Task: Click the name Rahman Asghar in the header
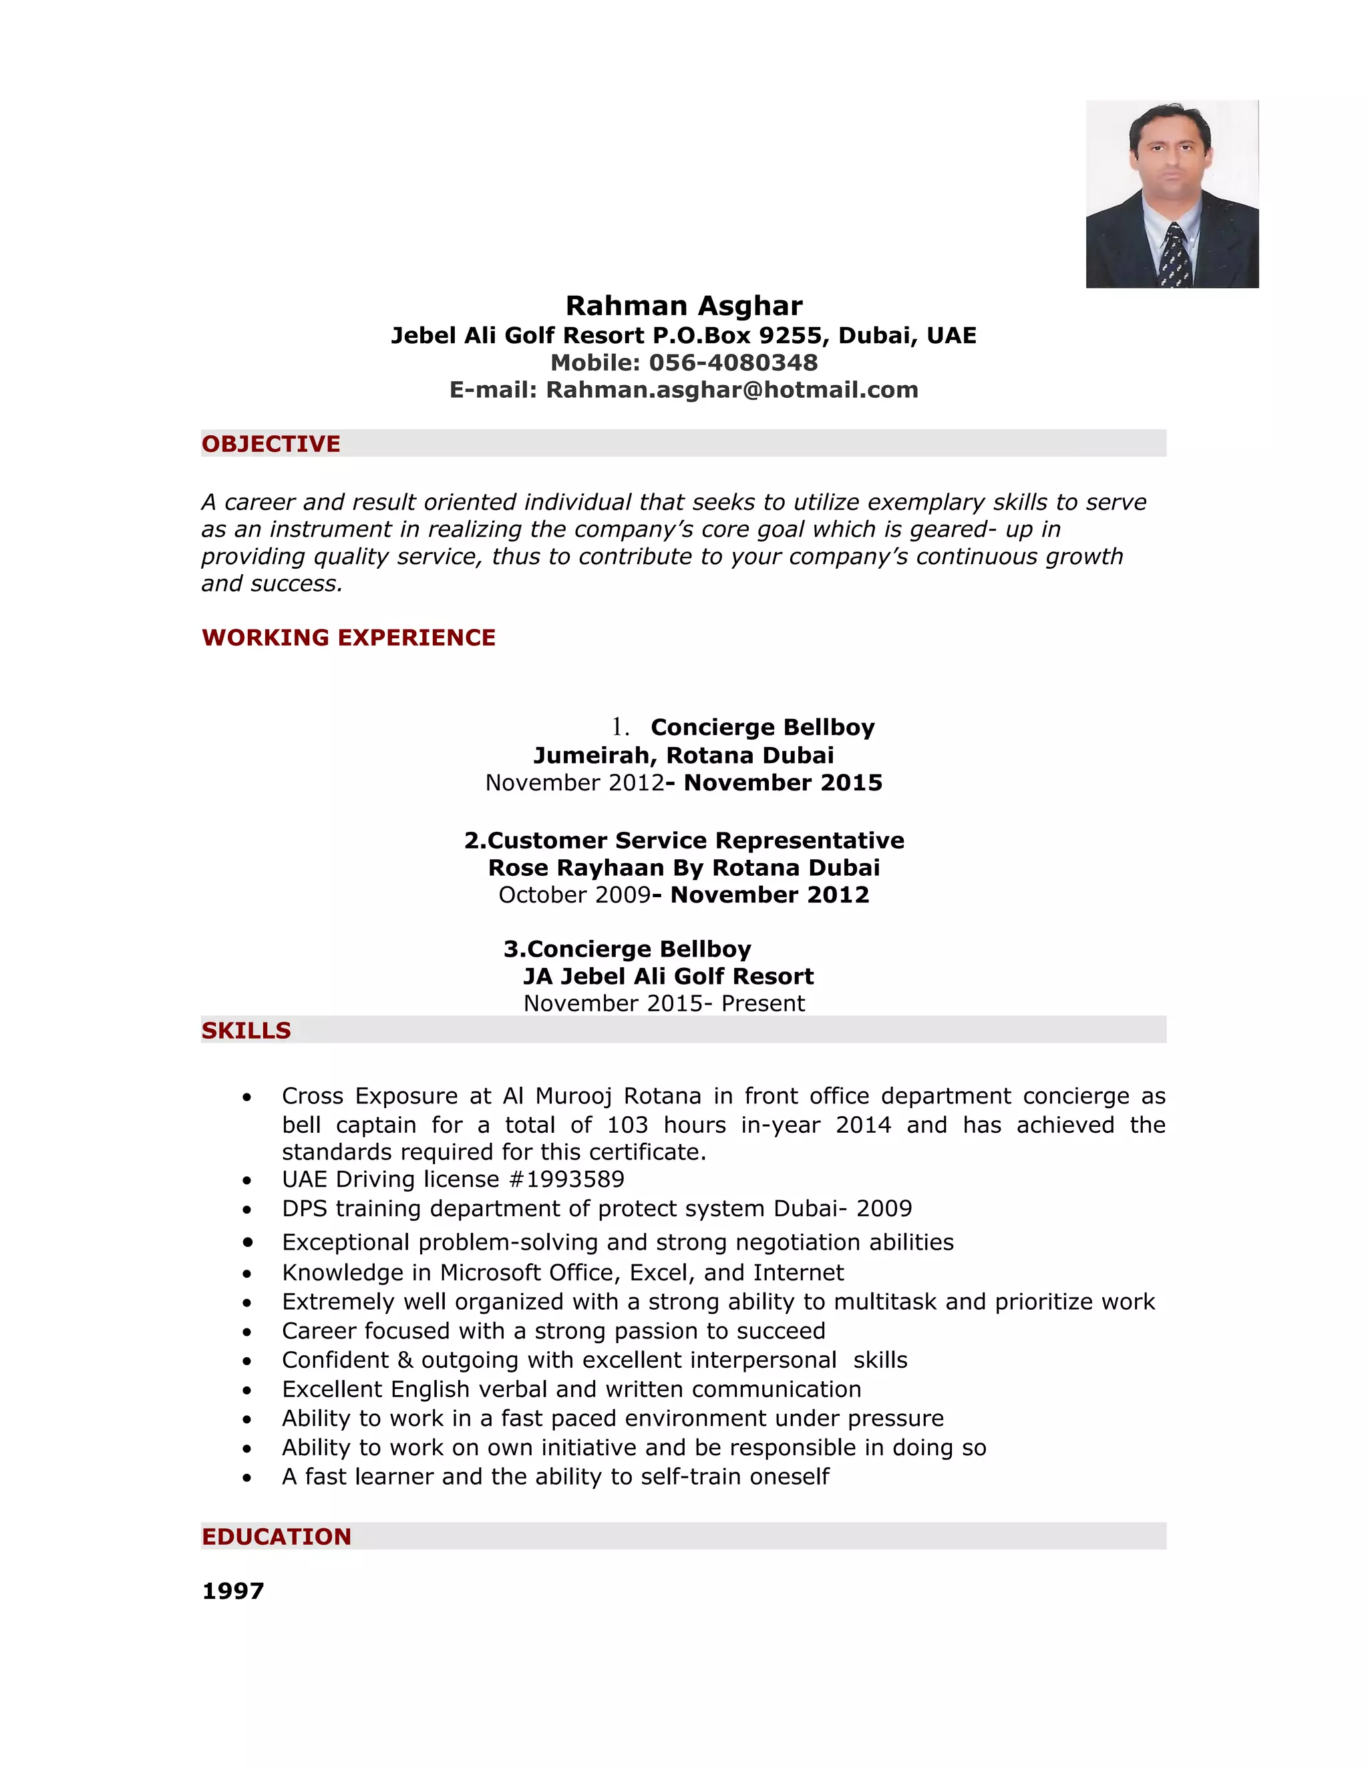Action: [683, 306]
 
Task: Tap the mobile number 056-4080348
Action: [733, 363]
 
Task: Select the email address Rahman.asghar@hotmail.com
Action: [732, 391]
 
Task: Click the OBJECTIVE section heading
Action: [271, 444]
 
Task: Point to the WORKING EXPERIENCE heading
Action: [349, 638]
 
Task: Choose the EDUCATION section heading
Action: [277, 1537]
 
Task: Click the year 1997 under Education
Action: [232, 1591]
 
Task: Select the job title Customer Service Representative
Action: [695, 840]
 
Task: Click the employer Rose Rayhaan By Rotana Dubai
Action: [683, 868]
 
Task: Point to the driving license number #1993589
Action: [566, 1180]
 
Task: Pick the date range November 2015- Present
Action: [664, 1003]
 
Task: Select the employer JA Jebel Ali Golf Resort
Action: [668, 977]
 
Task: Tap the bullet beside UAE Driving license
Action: [247, 1181]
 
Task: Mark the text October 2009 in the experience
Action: [574, 895]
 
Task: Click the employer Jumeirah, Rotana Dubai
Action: [683, 756]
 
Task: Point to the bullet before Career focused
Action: [247, 1332]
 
